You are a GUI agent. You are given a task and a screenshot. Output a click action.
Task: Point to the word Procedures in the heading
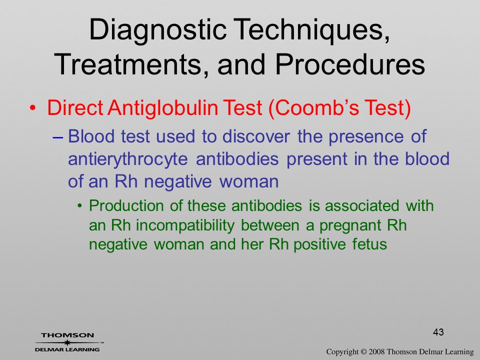point(350,64)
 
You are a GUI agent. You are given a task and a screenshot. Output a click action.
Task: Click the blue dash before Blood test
point(57,137)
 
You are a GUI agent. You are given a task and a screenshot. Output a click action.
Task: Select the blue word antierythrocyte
point(127,159)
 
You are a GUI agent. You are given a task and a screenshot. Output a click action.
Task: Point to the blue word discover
point(256,136)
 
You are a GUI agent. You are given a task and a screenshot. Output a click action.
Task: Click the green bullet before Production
point(80,206)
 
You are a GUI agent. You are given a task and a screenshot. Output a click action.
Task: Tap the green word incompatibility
point(185,226)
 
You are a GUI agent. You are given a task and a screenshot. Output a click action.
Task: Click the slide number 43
point(438,332)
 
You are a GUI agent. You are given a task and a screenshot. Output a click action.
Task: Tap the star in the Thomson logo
point(67,342)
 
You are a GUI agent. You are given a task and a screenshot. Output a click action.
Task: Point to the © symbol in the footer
point(363,352)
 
